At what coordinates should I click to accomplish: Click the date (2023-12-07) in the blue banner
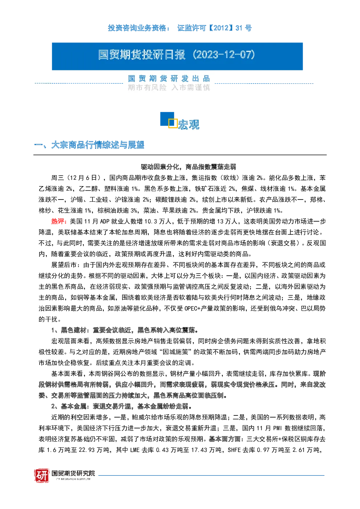pos(224,55)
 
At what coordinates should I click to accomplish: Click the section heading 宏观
pos(189,124)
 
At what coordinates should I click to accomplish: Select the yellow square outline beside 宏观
pos(173,123)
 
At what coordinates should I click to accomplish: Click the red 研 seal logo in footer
pos(42,475)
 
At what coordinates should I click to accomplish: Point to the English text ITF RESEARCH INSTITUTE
pos(73,479)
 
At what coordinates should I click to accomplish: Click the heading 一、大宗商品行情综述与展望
pos(89,145)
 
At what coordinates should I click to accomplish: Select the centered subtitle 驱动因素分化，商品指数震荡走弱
pos(188,167)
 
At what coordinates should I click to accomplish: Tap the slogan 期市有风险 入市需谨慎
pos(169,87)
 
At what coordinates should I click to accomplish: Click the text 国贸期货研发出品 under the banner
pos(169,79)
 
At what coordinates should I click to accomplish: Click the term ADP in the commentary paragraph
pos(105,221)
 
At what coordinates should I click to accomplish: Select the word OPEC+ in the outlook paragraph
pos(192,309)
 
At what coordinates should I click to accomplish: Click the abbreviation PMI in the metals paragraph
pos(277,428)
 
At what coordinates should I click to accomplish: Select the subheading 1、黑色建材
pos(69,330)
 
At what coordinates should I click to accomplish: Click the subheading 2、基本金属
pos(69,406)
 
